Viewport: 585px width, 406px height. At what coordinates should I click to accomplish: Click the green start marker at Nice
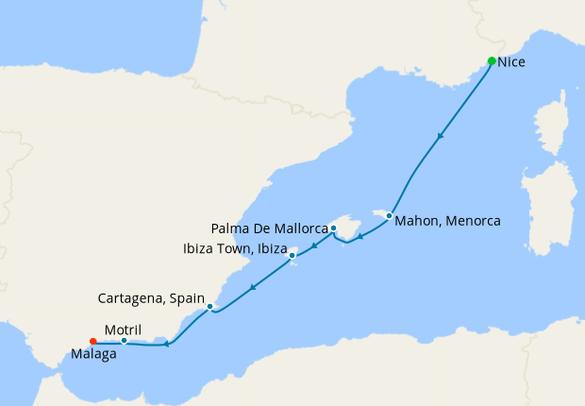[492, 61]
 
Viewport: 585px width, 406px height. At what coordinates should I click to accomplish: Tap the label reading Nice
[511, 63]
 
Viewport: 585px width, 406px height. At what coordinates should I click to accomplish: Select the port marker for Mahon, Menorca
[389, 216]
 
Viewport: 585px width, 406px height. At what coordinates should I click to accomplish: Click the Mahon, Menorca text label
[447, 221]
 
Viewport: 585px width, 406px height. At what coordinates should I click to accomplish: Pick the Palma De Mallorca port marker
[333, 228]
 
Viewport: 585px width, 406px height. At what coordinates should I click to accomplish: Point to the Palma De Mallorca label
[269, 228]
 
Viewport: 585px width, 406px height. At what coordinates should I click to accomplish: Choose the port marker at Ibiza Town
[292, 254]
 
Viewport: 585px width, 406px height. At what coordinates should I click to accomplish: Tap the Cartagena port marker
[209, 306]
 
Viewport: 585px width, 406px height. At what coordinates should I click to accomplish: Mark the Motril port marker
[124, 341]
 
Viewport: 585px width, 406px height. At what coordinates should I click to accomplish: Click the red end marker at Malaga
[92, 342]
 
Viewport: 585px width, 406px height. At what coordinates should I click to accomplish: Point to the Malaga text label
[93, 356]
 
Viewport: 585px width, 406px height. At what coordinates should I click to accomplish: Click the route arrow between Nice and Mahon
[440, 137]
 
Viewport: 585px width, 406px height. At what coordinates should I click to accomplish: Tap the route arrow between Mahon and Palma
[359, 236]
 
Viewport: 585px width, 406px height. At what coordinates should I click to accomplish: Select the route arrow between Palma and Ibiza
[314, 245]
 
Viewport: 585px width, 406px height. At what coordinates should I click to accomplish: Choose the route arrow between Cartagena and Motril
[166, 344]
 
